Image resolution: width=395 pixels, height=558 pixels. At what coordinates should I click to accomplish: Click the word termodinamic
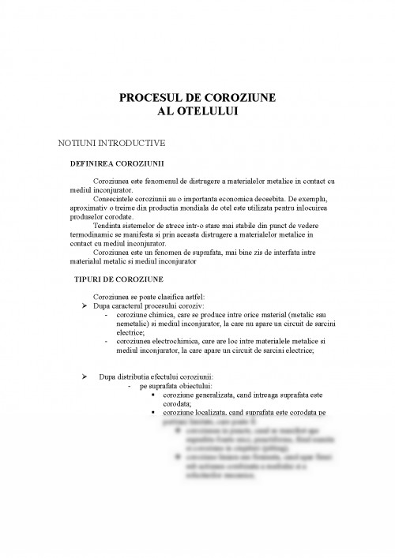click(x=92, y=234)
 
